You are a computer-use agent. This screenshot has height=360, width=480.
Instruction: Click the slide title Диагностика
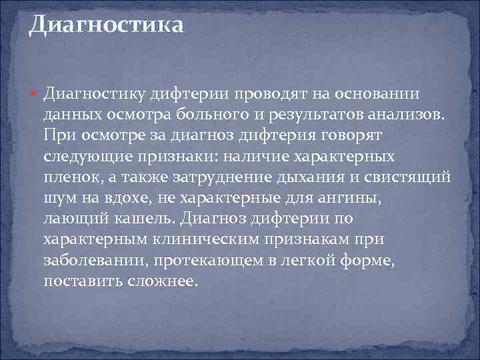pos(106,26)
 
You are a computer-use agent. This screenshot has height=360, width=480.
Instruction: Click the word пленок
pos(71,178)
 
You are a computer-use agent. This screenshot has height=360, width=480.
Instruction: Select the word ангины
pos(368,199)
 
